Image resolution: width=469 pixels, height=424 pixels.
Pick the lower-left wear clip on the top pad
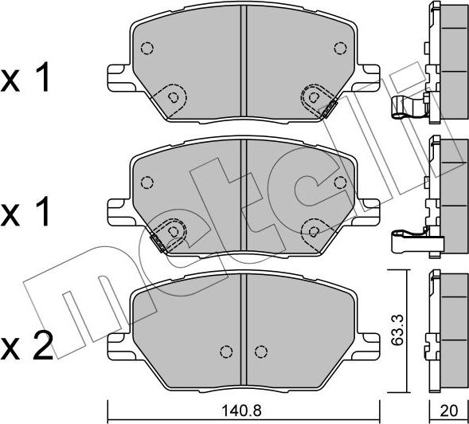[x=174, y=97]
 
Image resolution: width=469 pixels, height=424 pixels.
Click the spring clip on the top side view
[x=406, y=106]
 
